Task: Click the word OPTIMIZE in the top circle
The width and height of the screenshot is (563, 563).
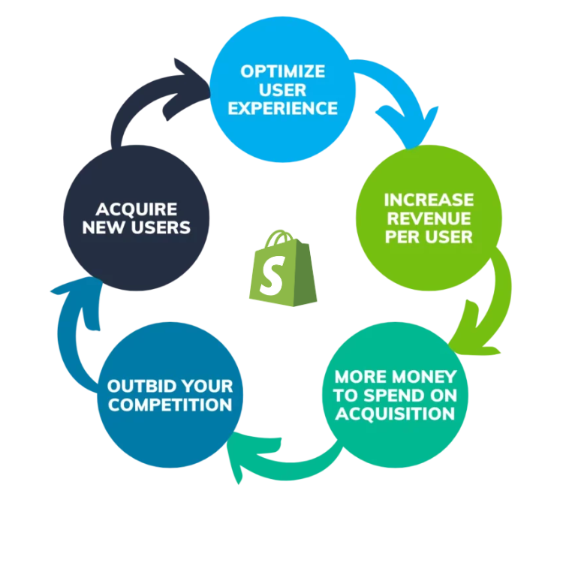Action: (283, 72)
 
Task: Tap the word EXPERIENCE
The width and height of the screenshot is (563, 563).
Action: (283, 108)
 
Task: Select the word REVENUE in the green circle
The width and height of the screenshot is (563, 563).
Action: (429, 218)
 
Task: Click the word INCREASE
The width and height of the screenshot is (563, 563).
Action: (429, 200)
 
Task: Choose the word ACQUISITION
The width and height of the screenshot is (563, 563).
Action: (395, 414)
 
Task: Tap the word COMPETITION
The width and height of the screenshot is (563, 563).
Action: (170, 405)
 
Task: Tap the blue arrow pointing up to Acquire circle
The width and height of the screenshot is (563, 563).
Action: (74, 315)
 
